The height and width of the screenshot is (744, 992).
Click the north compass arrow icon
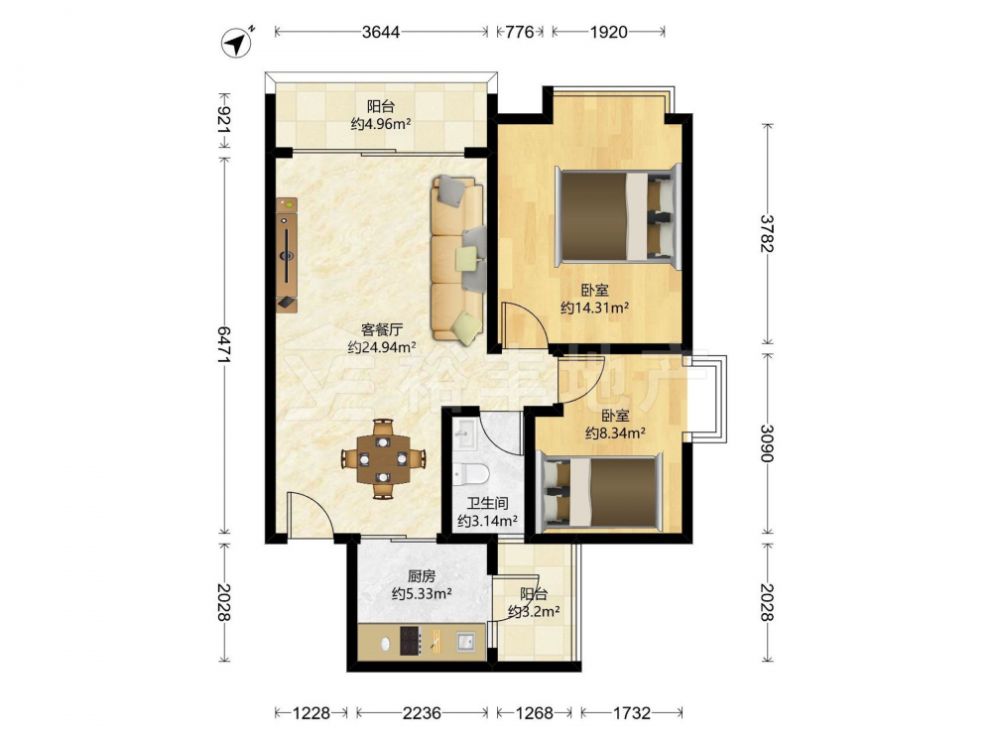pos(237,43)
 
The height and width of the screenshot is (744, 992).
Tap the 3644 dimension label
pos(381,32)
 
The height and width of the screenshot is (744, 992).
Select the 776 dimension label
pos(520,32)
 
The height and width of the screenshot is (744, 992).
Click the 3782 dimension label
pos(767,233)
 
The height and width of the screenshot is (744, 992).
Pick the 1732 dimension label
pos(631,713)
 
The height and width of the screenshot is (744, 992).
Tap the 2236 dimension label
pos(422,713)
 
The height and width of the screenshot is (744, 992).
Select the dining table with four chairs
pos(383,458)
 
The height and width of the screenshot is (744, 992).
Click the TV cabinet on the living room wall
pos(287,255)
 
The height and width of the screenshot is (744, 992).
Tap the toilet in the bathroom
pos(470,472)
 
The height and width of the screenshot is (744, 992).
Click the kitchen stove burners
pos(410,641)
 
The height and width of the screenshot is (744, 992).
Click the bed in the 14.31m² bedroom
pos(618,216)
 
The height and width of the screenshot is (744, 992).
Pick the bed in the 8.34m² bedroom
pos(599,492)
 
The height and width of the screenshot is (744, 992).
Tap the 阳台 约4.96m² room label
pos(381,115)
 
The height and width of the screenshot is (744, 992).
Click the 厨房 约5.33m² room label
pos(422,585)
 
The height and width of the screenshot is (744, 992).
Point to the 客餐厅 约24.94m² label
pos(382,338)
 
